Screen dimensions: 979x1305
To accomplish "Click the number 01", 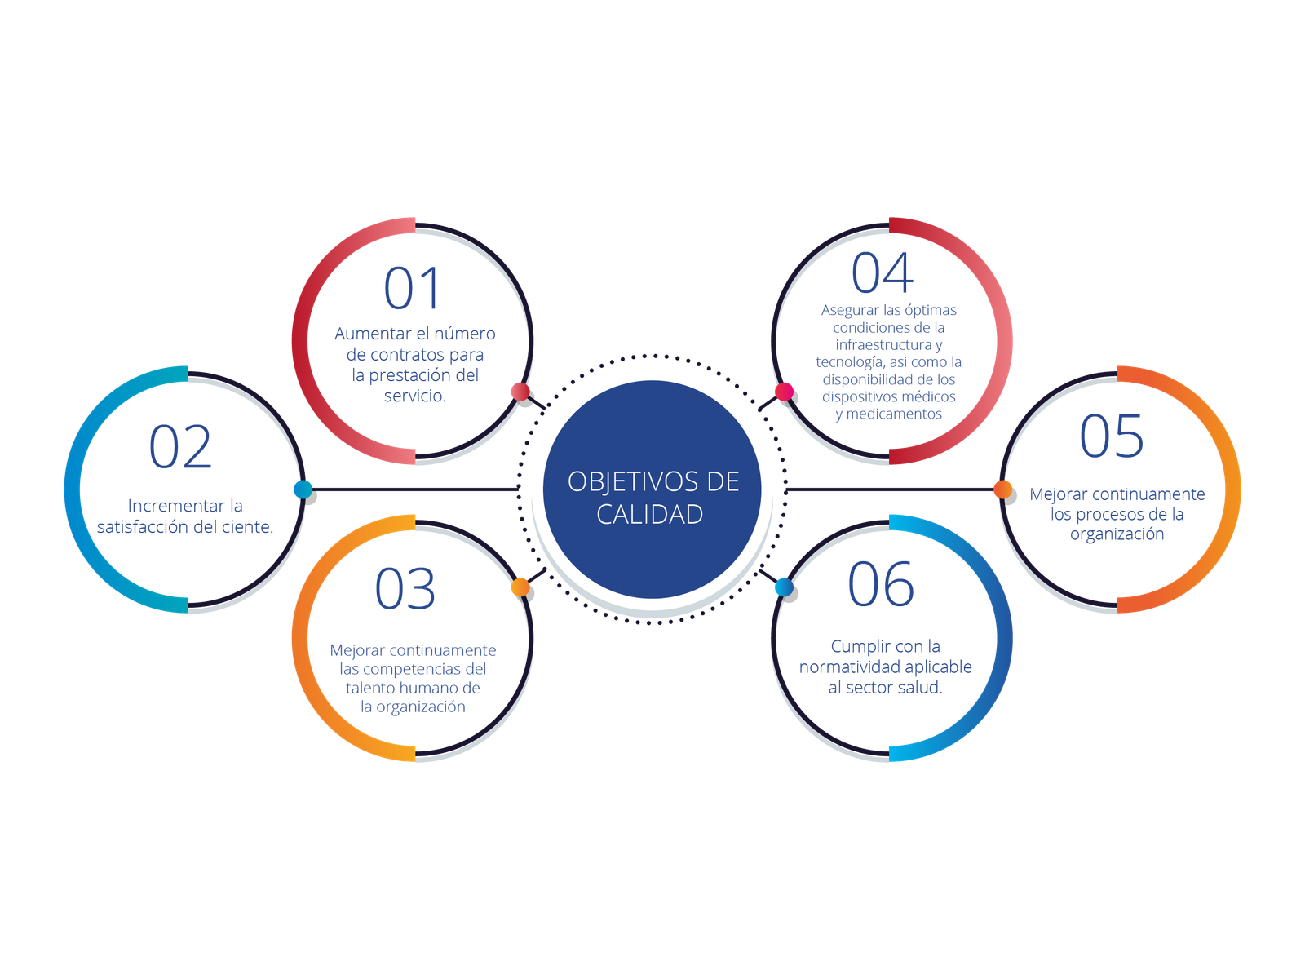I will pyautogui.click(x=412, y=289).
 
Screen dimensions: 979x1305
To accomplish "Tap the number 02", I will pyautogui.click(x=180, y=446).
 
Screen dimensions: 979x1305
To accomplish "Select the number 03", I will pyautogui.click(x=405, y=589).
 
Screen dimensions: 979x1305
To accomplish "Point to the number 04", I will pyautogui.click(x=882, y=273).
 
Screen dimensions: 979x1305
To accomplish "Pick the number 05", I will pyautogui.click(x=1112, y=436).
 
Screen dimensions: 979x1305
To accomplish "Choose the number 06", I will pyautogui.click(x=881, y=584).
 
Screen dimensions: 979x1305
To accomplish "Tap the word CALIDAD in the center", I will pyautogui.click(x=650, y=515).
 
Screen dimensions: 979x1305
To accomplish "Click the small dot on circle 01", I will pyautogui.click(x=520, y=392).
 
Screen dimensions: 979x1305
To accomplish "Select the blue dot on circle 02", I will pyautogui.click(x=303, y=489).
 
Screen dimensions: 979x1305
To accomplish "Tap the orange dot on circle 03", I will pyautogui.click(x=519, y=587).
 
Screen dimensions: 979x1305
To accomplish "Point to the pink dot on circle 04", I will pyautogui.click(x=784, y=392).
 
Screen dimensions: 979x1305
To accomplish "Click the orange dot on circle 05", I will pyautogui.click(x=1002, y=489).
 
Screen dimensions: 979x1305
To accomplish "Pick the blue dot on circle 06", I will pyautogui.click(x=783, y=587).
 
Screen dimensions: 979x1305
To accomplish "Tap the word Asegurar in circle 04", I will pyautogui.click(x=850, y=310).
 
